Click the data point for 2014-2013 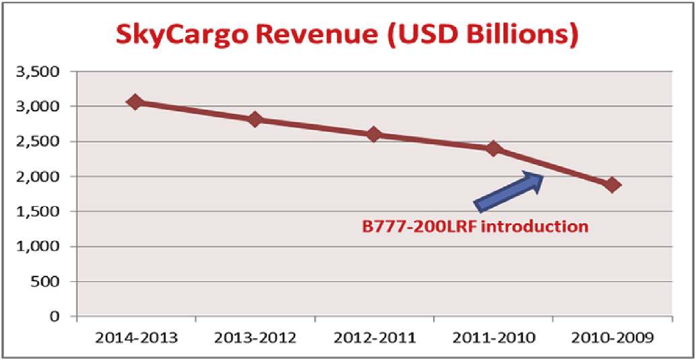135,102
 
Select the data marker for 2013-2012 255,119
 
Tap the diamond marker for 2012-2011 374,134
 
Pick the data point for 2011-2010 494,148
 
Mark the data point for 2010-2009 612,185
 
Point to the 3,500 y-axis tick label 42,71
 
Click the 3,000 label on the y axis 42,107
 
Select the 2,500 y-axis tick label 42,142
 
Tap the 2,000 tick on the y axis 42,177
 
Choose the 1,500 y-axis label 42,212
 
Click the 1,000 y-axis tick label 42,247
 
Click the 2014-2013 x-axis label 136,337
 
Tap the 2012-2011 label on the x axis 375,337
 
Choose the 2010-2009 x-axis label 613,337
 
